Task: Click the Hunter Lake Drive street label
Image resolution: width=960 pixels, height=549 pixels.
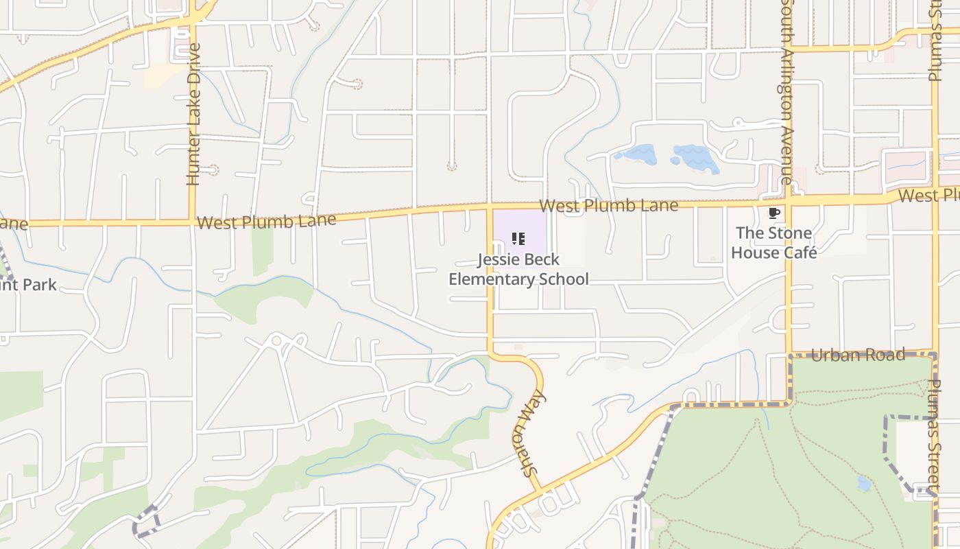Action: click(x=193, y=115)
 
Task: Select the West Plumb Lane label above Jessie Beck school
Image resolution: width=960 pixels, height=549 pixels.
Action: click(x=608, y=205)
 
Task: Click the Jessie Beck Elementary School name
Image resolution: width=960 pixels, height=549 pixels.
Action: click(x=518, y=269)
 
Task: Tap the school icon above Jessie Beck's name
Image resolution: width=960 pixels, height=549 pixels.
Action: click(x=518, y=240)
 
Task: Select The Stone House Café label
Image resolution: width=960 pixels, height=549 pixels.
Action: click(x=773, y=243)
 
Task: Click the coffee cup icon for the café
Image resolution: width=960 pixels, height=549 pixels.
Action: click(x=773, y=213)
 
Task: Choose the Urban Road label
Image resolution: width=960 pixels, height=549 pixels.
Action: click(x=858, y=355)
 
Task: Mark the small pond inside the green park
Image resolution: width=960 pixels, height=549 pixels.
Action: click(x=863, y=484)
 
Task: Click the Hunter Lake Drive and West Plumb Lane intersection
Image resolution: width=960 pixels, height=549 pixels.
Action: click(x=193, y=222)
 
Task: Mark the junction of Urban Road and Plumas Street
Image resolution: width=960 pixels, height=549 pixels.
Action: click(x=934, y=353)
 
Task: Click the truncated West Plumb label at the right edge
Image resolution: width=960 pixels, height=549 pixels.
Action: click(x=928, y=196)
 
